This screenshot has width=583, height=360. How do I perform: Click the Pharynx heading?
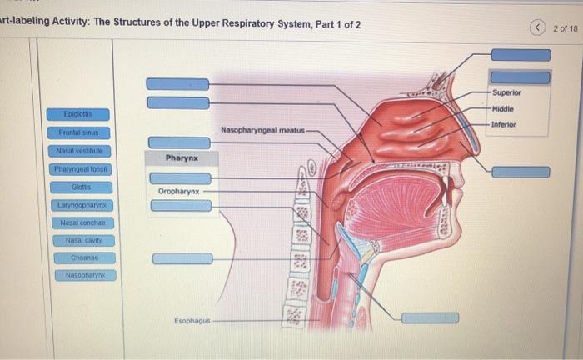[x=180, y=157]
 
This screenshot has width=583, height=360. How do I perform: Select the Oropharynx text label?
[x=178, y=191]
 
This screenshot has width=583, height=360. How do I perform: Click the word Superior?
[x=506, y=92]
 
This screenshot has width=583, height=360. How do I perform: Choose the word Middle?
[x=503, y=108]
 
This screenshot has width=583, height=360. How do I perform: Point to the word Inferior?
[x=504, y=124]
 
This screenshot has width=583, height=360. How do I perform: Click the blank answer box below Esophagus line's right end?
[x=430, y=317]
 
